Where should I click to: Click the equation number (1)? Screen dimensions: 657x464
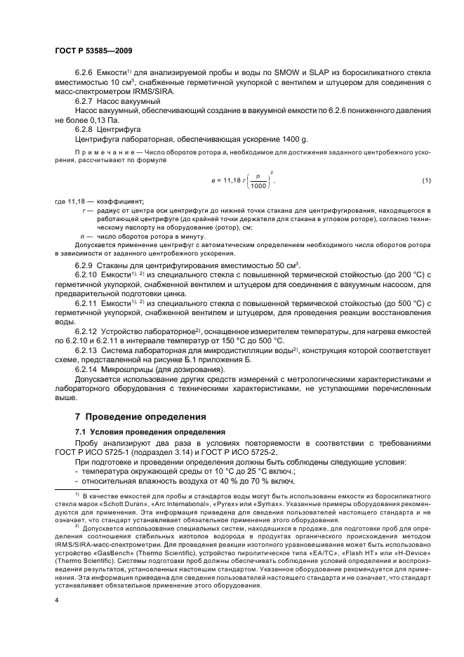(426, 182)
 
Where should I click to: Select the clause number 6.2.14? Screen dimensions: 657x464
(90, 367)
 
